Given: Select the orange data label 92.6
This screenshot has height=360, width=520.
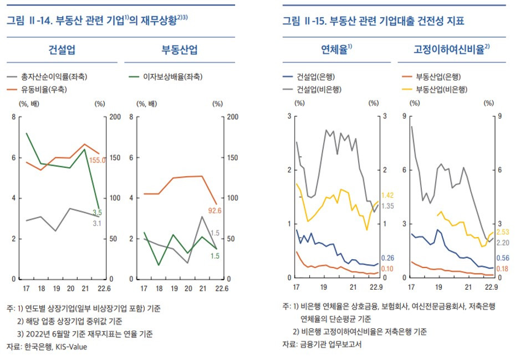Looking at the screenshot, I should [215, 210].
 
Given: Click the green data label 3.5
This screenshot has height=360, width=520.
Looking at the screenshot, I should [97, 213].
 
